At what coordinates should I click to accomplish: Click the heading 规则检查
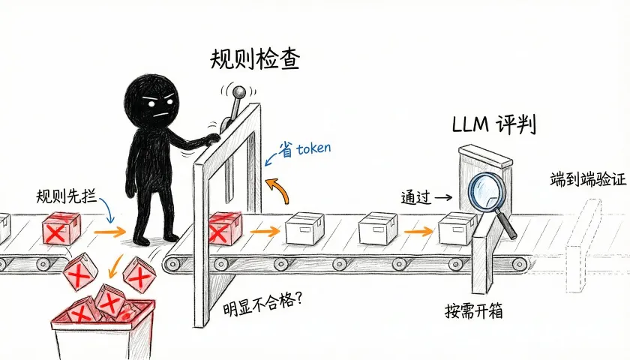(x=255, y=60)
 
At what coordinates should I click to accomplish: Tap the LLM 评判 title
(x=493, y=124)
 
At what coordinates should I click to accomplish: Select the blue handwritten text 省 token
(x=305, y=149)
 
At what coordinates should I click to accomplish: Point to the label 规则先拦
(x=66, y=196)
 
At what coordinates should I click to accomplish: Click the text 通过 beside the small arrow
(x=415, y=198)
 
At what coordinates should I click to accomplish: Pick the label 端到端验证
(x=588, y=179)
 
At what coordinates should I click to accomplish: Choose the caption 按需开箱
(x=474, y=310)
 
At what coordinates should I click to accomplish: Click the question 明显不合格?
(x=262, y=305)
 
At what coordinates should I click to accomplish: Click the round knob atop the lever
(x=239, y=93)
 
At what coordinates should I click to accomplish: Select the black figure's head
(x=151, y=100)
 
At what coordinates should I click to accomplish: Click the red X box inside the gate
(x=226, y=229)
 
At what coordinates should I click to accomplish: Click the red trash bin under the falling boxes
(x=103, y=328)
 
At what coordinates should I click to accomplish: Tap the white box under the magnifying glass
(x=457, y=229)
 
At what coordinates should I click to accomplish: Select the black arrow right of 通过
(x=443, y=197)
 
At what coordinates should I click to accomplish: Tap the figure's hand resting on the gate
(x=212, y=139)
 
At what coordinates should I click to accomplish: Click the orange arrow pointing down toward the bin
(x=115, y=266)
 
